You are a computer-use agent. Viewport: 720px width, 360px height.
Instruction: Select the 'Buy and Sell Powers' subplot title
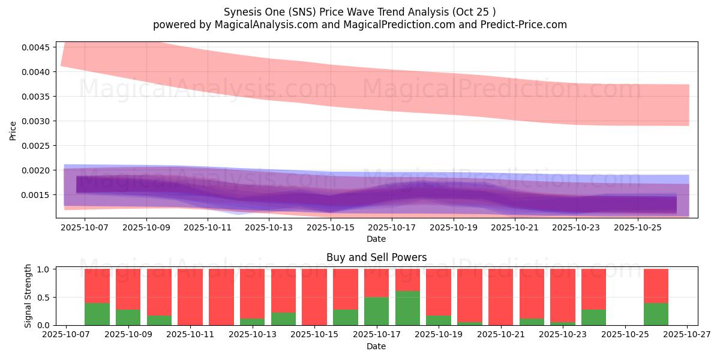tap(376, 257)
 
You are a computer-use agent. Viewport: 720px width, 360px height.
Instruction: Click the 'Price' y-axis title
tap(13, 131)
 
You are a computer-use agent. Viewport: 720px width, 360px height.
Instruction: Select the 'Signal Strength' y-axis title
tap(28, 296)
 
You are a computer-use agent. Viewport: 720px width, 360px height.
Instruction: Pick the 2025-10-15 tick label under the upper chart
tap(330, 228)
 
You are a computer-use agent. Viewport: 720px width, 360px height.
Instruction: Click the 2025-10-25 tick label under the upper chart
tap(637, 228)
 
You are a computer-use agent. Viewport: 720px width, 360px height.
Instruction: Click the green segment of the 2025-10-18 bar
tap(407, 308)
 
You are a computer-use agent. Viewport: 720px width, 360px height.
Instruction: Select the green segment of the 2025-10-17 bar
tap(376, 311)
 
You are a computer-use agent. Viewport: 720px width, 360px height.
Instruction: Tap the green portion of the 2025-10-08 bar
tap(97, 314)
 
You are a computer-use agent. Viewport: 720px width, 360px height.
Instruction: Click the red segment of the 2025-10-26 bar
tap(656, 286)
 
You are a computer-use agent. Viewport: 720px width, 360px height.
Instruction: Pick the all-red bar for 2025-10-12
tap(221, 297)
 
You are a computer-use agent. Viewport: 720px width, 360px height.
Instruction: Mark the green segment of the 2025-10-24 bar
tap(594, 317)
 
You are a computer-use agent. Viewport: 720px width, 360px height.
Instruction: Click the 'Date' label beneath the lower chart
tap(376, 346)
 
